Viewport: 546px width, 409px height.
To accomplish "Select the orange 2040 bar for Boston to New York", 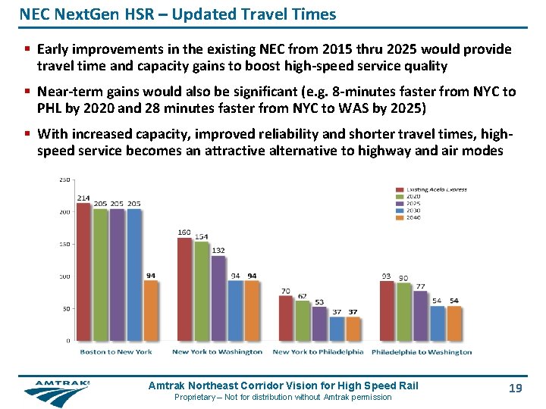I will coord(151,311).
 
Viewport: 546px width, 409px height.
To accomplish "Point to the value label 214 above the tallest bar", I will coord(83,198).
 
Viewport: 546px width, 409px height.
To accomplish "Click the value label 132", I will coord(218,251).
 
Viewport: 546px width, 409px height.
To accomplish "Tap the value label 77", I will coord(420,286).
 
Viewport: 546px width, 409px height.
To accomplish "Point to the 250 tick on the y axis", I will coord(64,180).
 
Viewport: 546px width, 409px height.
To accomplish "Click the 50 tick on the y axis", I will coord(66,308).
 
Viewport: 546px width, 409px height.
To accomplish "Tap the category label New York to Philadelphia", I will coord(318,351).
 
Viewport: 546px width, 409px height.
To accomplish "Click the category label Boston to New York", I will coord(117,351).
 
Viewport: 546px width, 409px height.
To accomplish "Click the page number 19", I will coord(515,388).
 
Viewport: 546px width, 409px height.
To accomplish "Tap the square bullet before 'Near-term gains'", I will coord(27,92).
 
